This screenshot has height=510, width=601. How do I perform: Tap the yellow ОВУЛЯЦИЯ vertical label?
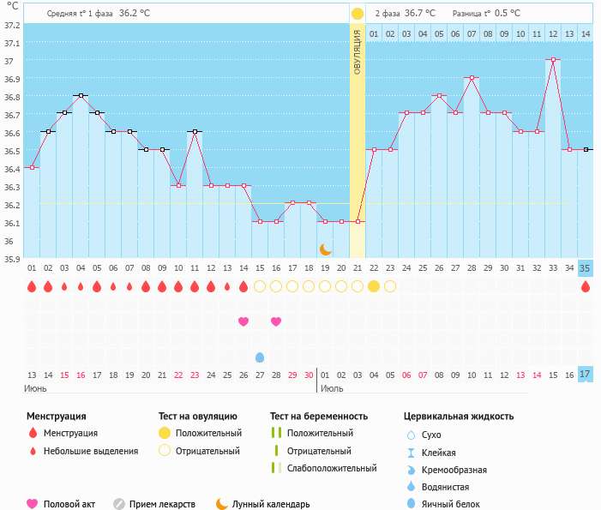tap(358, 51)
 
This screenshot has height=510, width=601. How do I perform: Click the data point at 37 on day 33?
tap(553, 60)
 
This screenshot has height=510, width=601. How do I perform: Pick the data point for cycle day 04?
tap(81, 96)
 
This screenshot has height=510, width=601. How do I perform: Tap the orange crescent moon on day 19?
tap(326, 249)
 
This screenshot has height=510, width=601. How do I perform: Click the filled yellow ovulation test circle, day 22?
tap(374, 286)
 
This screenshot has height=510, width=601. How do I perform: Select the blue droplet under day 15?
tap(260, 357)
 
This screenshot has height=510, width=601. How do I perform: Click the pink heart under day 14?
tap(243, 321)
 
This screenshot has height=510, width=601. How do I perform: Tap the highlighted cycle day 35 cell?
tap(586, 267)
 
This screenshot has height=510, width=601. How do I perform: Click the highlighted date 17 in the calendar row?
tap(586, 375)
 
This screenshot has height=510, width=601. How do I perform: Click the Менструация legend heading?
tap(57, 417)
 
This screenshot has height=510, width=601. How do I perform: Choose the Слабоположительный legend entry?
tap(332, 468)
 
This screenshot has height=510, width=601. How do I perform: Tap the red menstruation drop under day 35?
tap(586, 286)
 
